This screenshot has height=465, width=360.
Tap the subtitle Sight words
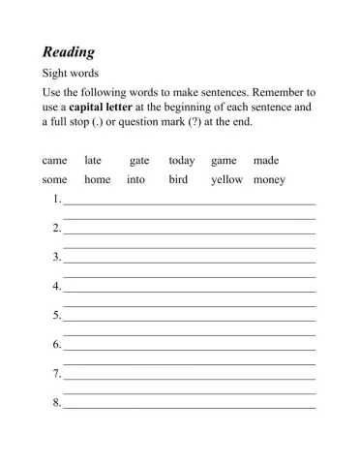click(71, 73)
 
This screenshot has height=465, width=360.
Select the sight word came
click(54, 160)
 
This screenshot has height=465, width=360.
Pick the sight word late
click(93, 160)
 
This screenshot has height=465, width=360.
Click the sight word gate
click(139, 160)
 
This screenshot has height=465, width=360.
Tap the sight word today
click(182, 160)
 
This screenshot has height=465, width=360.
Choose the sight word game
click(224, 160)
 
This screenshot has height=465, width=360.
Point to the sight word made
click(266, 160)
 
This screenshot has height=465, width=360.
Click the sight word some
click(55, 180)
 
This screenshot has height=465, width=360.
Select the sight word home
click(98, 180)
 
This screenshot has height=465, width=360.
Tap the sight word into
click(135, 180)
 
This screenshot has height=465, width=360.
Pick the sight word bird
click(178, 180)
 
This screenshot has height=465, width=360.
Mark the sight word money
click(269, 180)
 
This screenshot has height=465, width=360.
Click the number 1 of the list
click(56, 200)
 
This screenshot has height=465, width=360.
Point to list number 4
click(56, 287)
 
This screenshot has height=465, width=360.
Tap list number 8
click(56, 402)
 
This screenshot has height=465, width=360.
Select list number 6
click(56, 345)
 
